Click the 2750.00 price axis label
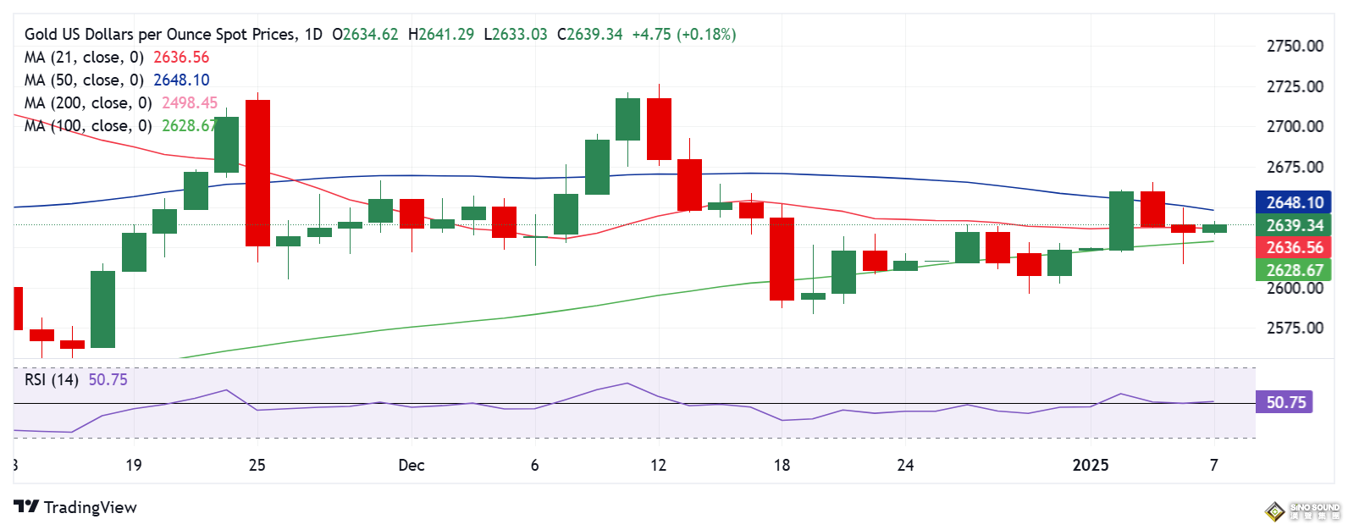click(x=1294, y=46)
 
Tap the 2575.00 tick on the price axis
click(x=1294, y=328)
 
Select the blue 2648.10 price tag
click(x=1294, y=202)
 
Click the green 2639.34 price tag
click(x=1294, y=225)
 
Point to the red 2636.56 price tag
click(x=1294, y=247)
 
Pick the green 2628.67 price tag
click(x=1294, y=270)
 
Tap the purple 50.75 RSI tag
click(x=1285, y=402)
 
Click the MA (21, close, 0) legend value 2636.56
click(x=181, y=58)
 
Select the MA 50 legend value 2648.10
click(x=181, y=80)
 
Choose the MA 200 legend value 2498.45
click(x=190, y=103)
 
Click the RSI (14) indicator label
click(x=51, y=379)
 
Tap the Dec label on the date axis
click(x=411, y=465)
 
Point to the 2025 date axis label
click(x=1091, y=465)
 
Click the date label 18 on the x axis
click(x=782, y=465)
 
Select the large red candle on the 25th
click(x=257, y=173)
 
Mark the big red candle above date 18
click(x=782, y=258)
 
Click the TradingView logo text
click(x=90, y=507)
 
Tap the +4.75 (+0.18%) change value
click(x=684, y=35)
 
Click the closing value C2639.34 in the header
click(x=589, y=35)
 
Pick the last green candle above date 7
click(x=1214, y=229)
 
